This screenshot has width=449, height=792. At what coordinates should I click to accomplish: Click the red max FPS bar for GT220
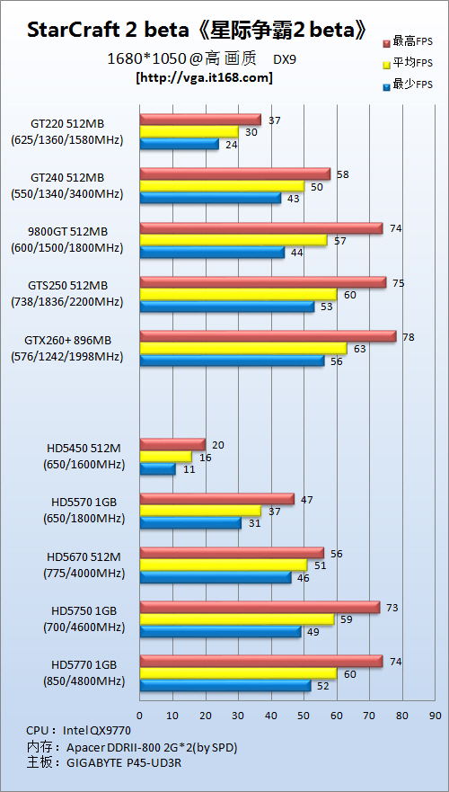[x=200, y=120]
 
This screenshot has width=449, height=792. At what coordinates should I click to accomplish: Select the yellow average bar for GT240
[x=222, y=186]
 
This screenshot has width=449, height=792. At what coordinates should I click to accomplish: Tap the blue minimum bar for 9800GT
[x=212, y=252]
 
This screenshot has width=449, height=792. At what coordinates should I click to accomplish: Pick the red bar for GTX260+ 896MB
[x=268, y=336]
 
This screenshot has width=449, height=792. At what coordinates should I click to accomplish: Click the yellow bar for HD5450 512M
[x=165, y=457]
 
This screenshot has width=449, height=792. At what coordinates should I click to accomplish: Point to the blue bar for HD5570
[x=190, y=523]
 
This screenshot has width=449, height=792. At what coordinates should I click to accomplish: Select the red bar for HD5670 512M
[x=232, y=553]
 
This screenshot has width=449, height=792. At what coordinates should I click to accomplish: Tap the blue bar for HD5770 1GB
[x=225, y=685]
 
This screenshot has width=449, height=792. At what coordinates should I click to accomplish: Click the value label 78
[x=408, y=337]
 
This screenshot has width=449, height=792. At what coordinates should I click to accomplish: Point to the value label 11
[x=188, y=469]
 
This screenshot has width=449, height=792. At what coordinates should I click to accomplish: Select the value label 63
[x=360, y=349]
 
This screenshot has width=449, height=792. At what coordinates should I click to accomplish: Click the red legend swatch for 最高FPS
[x=387, y=42]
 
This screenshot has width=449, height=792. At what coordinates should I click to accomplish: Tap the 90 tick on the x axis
[x=436, y=716]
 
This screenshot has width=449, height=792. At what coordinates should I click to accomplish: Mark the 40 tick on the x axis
[x=271, y=716]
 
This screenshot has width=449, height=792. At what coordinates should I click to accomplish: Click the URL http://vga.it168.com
[x=204, y=78]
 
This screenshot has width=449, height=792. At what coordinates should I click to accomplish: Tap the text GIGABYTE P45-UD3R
[x=124, y=763]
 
